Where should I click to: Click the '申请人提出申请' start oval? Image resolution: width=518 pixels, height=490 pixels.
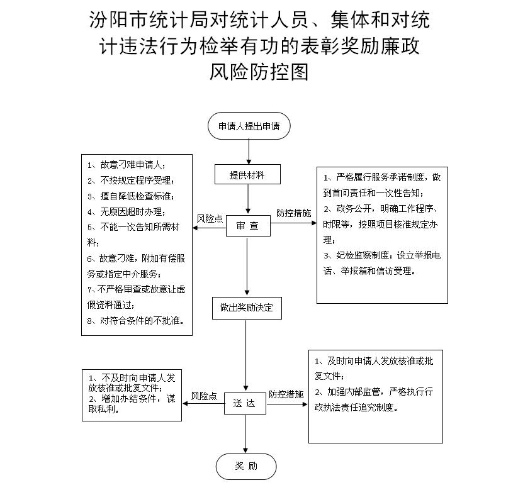click(249, 126)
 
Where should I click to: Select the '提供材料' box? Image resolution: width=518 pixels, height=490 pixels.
click(247, 174)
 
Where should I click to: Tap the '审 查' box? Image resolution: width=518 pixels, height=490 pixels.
click(248, 226)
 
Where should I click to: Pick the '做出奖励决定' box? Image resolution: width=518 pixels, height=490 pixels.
click(247, 308)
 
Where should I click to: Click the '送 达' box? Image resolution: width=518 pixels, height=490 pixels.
click(245, 403)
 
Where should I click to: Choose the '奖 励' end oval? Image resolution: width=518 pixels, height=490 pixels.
click(246, 466)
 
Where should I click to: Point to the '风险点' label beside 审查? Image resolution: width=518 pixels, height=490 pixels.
click(210, 219)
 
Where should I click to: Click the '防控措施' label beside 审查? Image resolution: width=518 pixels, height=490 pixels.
click(294, 213)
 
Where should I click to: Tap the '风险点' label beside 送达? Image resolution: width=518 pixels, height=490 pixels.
click(204, 396)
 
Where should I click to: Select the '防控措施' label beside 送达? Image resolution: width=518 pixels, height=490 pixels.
click(286, 394)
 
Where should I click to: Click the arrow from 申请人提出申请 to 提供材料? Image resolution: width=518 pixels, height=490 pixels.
click(249, 152)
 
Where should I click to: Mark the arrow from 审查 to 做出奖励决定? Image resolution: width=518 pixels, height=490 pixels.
click(247, 266)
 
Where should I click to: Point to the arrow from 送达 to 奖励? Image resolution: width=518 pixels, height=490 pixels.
click(245, 434)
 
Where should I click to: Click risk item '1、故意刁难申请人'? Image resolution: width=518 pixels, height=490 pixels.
click(127, 164)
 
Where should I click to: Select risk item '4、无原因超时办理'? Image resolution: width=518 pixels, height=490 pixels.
click(127, 211)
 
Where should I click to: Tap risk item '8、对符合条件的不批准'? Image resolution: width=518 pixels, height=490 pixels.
click(136, 321)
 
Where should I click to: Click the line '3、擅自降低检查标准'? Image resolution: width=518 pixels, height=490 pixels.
click(131, 196)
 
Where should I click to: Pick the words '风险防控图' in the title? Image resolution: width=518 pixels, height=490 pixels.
click(259, 72)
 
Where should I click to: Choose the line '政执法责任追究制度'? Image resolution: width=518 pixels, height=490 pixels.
click(356, 408)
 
